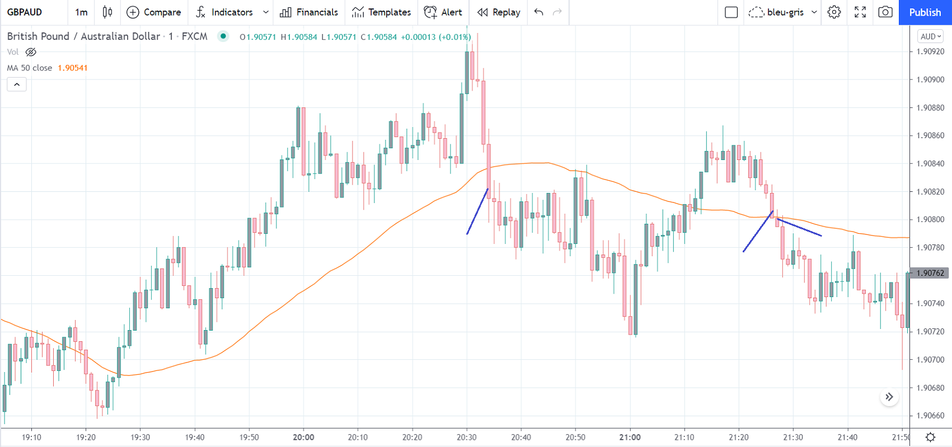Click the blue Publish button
coord(925,12)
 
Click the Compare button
coord(154,12)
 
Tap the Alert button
coord(443,12)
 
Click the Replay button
coord(499,12)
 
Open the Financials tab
coord(309,12)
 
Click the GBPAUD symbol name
coord(25,12)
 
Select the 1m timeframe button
coord(81,12)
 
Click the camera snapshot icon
coord(885,12)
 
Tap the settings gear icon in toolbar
coord(834,12)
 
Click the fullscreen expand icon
coord(860,12)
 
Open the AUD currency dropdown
coord(931,36)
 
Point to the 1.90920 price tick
coord(930,51)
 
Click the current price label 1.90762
coord(930,273)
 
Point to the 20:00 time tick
coord(303,437)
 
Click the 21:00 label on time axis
coord(630,437)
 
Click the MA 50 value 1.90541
coord(73,68)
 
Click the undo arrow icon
coord(538,12)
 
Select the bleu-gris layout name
coord(785,12)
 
